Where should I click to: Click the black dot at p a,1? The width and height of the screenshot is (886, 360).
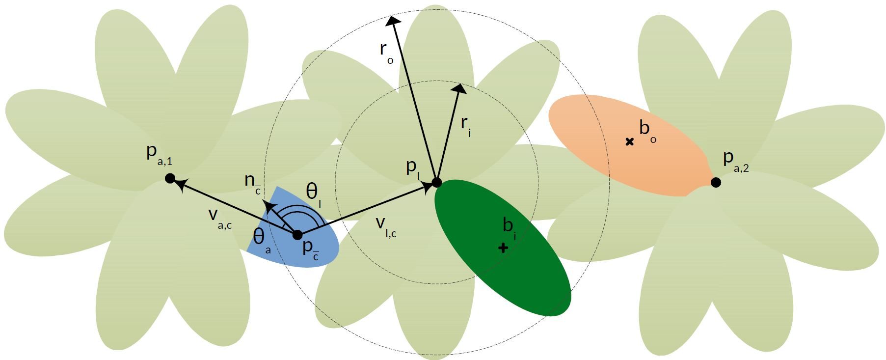[170, 178]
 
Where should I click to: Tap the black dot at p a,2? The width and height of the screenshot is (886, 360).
[716, 182]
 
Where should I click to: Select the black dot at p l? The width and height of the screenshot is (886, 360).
[436, 183]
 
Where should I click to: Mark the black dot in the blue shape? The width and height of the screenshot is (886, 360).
[297, 235]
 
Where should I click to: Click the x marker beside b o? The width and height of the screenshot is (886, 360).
[629, 141]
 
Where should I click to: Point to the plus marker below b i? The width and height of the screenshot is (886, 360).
[503, 248]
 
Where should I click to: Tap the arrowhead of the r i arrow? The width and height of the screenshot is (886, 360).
[460, 88]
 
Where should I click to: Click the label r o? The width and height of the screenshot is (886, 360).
[386, 52]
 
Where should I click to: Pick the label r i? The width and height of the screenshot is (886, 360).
[466, 125]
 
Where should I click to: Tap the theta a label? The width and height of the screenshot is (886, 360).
[261, 239]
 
